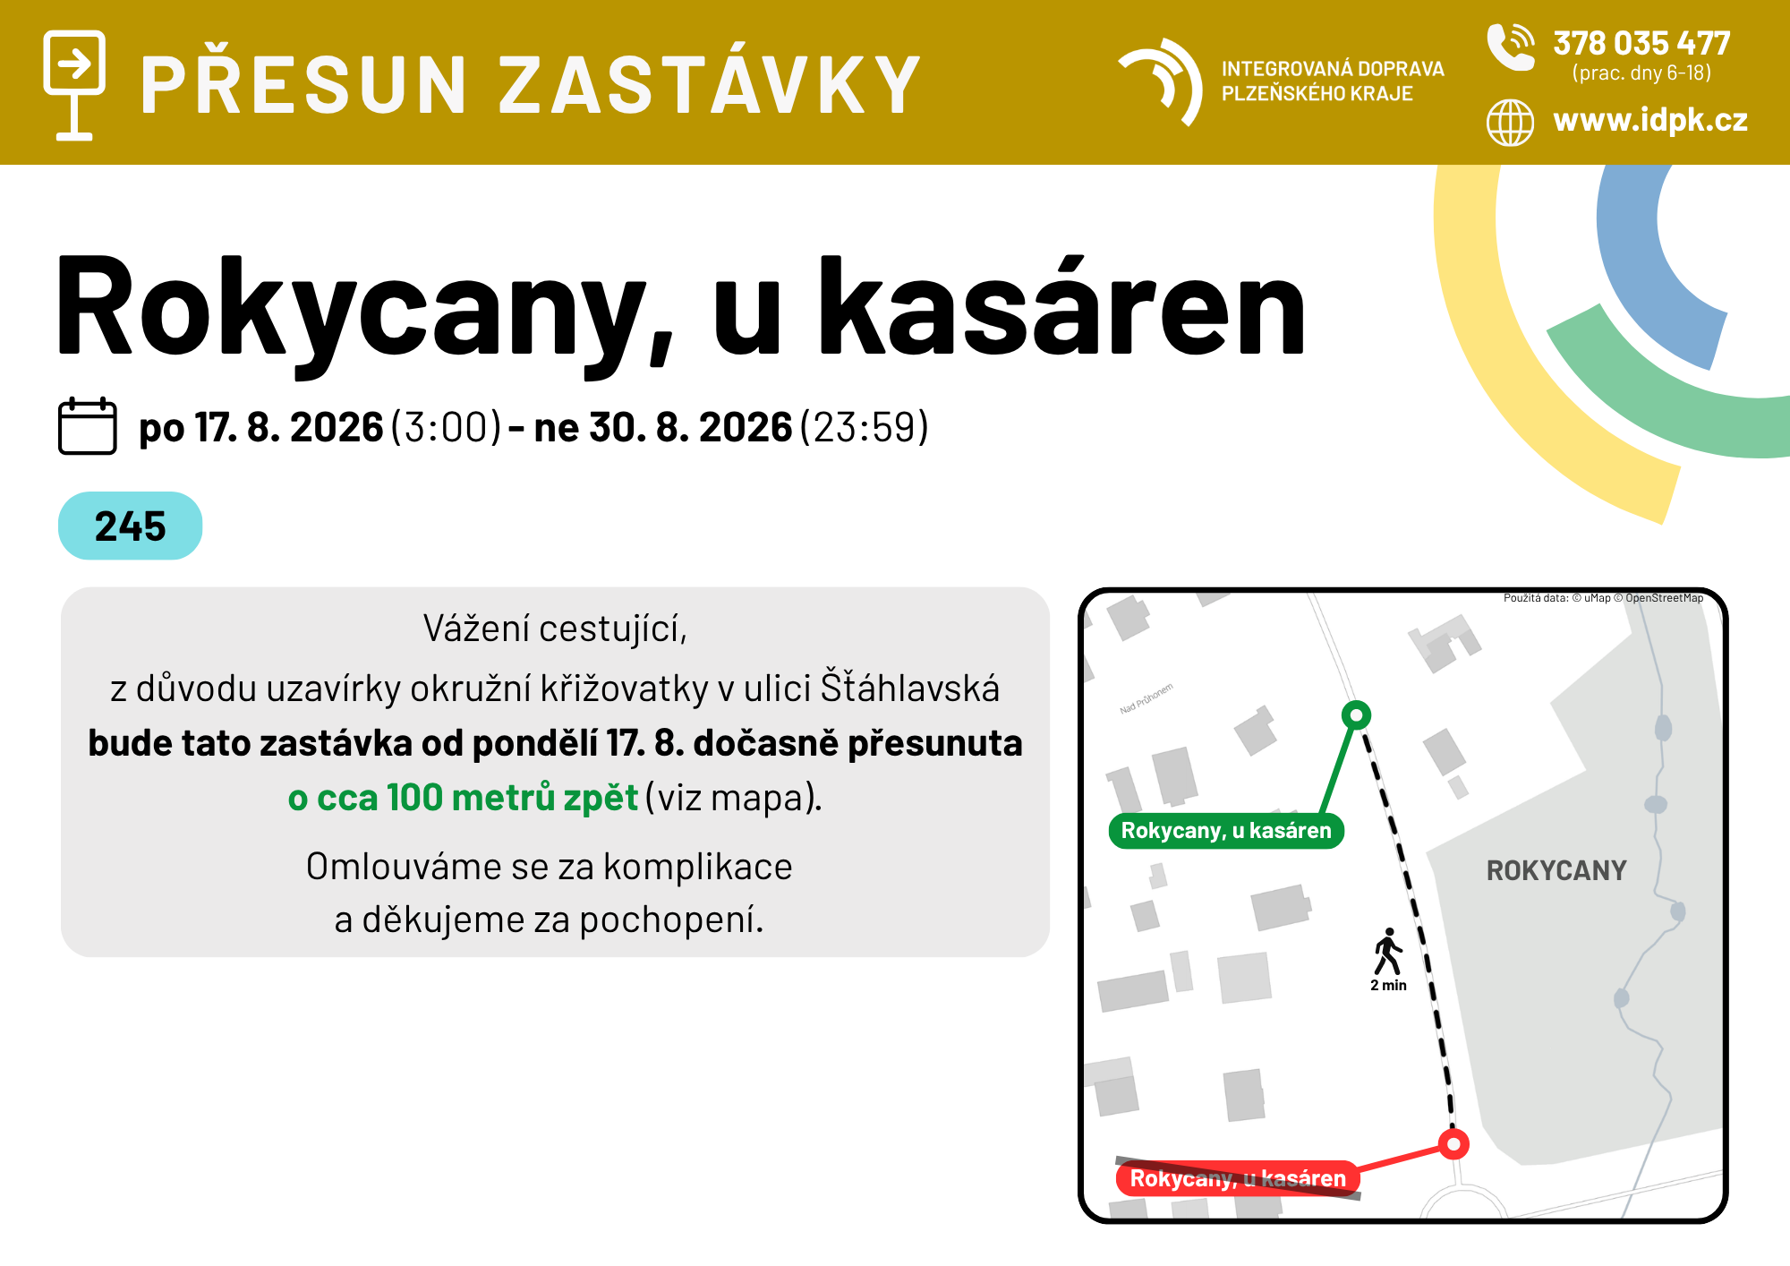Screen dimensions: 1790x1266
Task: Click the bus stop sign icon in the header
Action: point(74,85)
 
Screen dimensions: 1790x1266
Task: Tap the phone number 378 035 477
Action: point(1641,43)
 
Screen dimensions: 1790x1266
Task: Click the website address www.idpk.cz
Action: point(1650,120)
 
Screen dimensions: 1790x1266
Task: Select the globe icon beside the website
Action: point(1510,122)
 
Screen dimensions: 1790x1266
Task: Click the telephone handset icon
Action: point(1510,47)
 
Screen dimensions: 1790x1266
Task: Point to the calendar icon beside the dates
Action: point(88,426)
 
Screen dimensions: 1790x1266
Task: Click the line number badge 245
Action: point(131,526)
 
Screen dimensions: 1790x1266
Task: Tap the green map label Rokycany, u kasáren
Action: point(1226,831)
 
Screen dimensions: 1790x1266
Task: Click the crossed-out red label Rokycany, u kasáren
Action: point(1238,1178)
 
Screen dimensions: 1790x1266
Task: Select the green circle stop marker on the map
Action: point(1357,715)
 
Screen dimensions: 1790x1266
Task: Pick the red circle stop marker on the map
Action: point(1453,1143)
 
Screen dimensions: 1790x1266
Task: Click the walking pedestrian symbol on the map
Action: point(1388,951)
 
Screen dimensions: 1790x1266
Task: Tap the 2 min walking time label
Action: point(1388,986)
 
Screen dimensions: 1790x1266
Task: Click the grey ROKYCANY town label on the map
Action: point(1556,870)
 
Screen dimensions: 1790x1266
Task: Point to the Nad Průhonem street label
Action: point(1146,698)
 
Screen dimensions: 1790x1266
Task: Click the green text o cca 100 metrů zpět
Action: point(463,797)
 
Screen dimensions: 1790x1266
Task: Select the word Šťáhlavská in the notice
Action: point(910,688)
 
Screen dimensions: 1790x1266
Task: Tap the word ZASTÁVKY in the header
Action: point(709,86)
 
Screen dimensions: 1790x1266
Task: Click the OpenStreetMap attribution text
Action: point(1665,598)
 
